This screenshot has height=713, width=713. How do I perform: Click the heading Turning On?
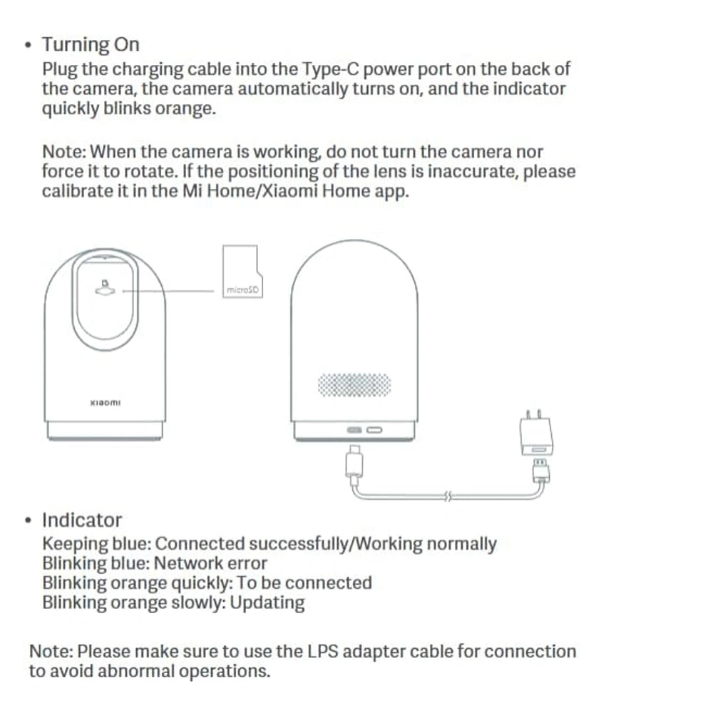pos(91,45)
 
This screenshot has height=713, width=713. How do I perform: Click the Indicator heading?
pos(82,520)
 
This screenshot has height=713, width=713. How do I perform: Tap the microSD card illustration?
pos(242,272)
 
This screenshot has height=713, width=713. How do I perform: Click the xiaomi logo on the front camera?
pos(106,403)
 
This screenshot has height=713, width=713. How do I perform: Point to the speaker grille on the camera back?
pos(354,385)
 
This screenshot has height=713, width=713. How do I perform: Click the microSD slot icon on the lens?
pos(105,288)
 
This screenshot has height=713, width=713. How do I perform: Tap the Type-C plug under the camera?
pos(354,461)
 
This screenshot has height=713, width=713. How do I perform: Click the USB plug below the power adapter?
pos(540,471)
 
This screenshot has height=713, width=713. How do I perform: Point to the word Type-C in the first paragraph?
pos(330,69)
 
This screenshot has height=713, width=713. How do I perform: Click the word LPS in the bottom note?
pos(323,651)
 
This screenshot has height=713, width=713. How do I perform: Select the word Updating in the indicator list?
pos(267,603)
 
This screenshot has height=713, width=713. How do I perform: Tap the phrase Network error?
pos(210,563)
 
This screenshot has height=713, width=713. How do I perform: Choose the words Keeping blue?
pos(96,544)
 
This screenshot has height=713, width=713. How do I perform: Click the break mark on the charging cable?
pos(448,496)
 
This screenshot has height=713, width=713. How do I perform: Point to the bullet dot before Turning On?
pos(29,45)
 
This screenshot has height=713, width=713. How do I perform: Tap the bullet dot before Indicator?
pos(29,520)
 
